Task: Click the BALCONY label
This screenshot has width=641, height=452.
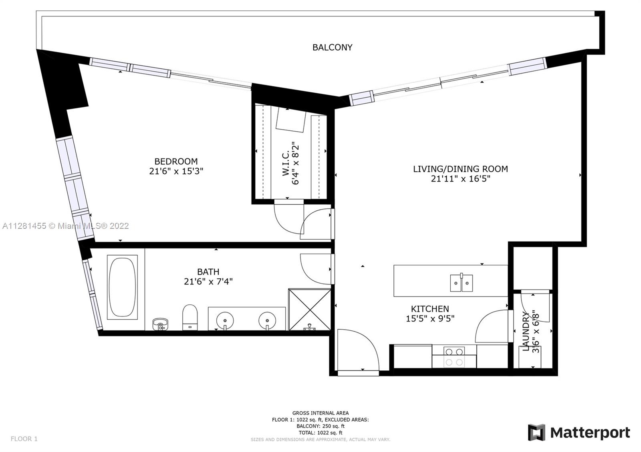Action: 332,48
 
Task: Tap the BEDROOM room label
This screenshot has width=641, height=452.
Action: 176,162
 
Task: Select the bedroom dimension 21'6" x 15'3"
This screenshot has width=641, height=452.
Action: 176,171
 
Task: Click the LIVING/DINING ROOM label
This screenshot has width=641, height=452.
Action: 460,169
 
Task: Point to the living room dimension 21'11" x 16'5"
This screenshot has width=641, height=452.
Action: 460,178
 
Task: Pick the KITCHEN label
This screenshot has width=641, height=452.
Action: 430,308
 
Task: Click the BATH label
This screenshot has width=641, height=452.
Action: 208,272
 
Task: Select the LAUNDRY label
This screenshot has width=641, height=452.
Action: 526,331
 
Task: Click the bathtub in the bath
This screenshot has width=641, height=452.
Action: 122,287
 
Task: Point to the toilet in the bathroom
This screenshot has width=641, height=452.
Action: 190,318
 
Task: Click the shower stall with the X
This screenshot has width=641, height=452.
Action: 310,310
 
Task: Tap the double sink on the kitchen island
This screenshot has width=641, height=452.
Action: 461,283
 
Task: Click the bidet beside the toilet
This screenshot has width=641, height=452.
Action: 161,324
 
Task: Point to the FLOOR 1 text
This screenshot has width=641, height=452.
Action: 24,439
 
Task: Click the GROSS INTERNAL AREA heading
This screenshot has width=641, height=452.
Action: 320,413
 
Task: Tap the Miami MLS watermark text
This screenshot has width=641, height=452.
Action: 66,226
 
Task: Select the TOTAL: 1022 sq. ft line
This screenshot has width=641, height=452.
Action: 320,433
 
